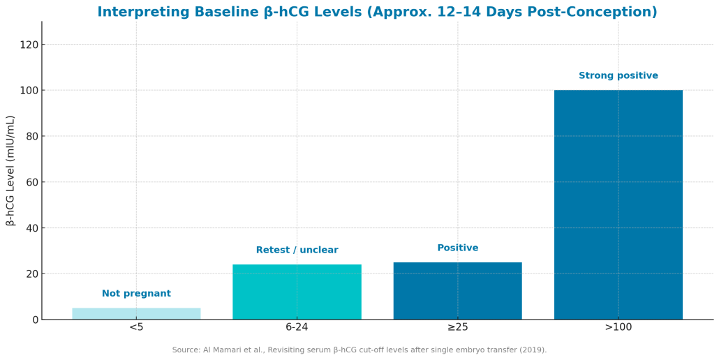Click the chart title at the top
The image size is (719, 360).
tap(377, 13)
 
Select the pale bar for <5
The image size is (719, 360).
tap(136, 314)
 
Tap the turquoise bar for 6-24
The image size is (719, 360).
tap(297, 292)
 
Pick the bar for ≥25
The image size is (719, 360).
tap(457, 291)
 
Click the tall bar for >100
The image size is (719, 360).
tap(618, 204)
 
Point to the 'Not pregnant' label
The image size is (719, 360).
tap(136, 294)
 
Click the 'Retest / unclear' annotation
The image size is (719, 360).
tap(297, 250)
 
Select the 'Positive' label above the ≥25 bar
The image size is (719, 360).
tap(457, 248)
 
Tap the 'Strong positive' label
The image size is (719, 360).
tap(618, 76)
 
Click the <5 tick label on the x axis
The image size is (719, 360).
tap(136, 327)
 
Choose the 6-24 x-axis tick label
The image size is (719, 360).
tap(297, 327)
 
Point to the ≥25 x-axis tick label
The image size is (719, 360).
tap(457, 327)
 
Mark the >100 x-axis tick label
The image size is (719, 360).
tap(618, 327)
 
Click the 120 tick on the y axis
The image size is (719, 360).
tap(29, 45)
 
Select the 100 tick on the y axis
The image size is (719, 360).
tap(29, 91)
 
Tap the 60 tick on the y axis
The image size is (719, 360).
tap(31, 182)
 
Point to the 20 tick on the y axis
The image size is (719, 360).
tap(31, 274)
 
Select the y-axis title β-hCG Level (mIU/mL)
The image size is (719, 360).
tap(10, 170)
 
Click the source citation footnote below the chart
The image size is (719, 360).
tap(359, 350)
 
